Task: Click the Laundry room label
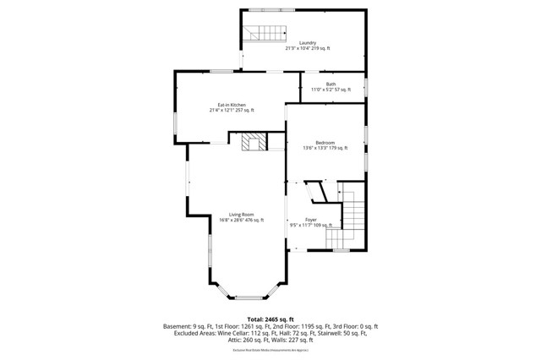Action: pos(307,43)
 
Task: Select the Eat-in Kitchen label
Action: pos(232,105)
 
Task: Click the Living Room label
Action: pos(242,215)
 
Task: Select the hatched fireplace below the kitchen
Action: pos(250,141)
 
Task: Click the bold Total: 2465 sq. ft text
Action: pos(270,319)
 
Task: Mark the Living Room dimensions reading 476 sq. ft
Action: pos(242,221)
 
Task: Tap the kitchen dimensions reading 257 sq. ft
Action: pos(232,111)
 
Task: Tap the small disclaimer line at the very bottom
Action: pos(270,350)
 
